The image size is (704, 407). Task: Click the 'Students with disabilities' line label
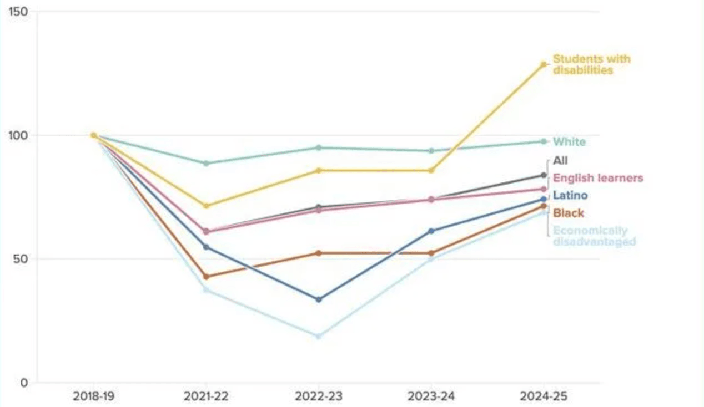coord(591,64)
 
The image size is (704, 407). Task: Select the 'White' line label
coord(569,142)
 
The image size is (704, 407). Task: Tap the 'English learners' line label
coord(598,178)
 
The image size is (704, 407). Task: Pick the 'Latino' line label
coord(570,195)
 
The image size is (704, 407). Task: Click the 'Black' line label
coord(569,213)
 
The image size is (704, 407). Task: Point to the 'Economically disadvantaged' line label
coord(594,236)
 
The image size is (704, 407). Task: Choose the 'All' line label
coord(560,161)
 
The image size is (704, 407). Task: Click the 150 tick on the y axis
coord(19,12)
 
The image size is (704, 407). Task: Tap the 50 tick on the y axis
coord(21,259)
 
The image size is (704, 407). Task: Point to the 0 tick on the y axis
coord(24,383)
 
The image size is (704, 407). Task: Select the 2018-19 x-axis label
coord(93,396)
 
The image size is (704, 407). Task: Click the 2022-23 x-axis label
coord(318,396)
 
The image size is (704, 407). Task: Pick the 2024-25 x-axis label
coord(544,396)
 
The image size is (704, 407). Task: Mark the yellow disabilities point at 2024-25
coord(544,64)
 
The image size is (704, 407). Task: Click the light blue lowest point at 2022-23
coord(318,336)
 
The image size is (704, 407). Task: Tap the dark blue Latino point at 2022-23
coord(318,299)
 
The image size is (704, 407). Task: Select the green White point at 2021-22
coord(206,163)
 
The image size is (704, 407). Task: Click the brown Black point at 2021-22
coord(206,276)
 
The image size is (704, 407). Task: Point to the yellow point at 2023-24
coord(431,170)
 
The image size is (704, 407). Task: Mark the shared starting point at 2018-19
coord(93,135)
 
